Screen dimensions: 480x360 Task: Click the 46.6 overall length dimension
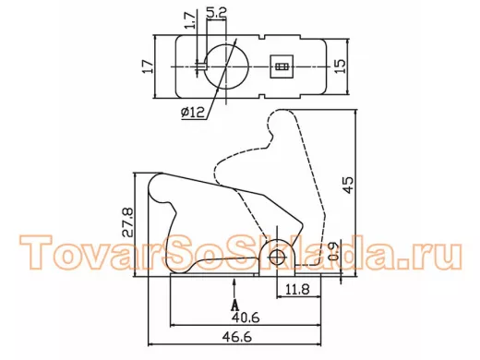237,337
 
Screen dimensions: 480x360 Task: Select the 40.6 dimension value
246,318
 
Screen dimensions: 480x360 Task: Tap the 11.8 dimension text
297,290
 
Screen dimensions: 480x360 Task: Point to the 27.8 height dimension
128,222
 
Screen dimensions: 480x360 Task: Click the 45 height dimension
349,185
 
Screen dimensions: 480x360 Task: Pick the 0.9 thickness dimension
333,252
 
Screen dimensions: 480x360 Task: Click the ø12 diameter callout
192,113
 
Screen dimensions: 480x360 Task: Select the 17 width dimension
148,66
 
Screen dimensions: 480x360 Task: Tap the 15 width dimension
340,66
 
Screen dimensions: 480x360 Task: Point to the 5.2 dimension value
217,13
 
